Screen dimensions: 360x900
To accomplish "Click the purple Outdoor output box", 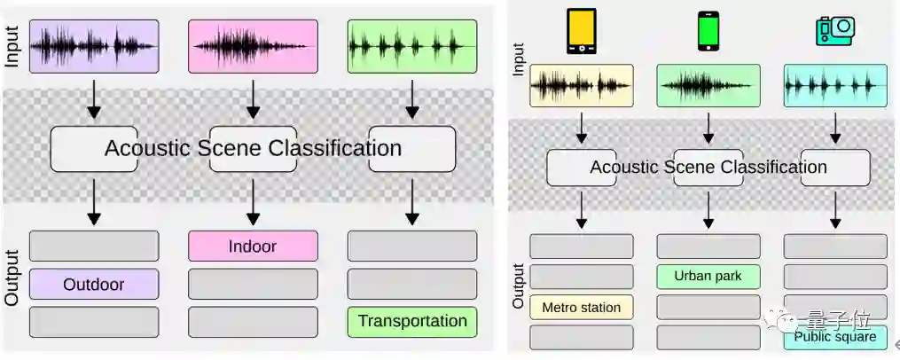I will click(94, 285).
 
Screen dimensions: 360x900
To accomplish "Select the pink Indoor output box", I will click(253, 246).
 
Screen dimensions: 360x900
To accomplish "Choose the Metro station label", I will click(582, 307).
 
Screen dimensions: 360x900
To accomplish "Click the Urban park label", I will click(708, 276).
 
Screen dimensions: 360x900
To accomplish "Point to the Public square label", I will click(834, 337).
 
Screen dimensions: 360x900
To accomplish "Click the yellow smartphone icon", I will click(582, 31).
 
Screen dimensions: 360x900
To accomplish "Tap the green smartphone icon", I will click(708, 32).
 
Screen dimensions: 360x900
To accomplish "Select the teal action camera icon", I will click(834, 31).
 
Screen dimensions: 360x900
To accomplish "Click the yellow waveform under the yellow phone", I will click(582, 86).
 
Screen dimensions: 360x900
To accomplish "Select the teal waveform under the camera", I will click(834, 86).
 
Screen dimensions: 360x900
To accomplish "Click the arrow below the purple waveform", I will click(94, 101).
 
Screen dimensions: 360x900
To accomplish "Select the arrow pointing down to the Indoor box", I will click(253, 203).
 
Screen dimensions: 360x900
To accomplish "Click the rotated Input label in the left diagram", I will click(12, 46).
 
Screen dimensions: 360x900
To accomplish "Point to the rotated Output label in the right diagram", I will click(519, 285).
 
